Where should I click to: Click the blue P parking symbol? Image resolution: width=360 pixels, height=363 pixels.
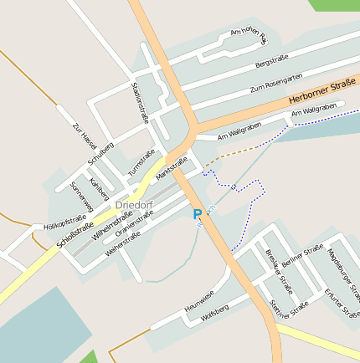point(198,214)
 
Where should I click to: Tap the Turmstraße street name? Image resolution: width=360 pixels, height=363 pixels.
point(141,162)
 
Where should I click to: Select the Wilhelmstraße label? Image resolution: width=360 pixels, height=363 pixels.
point(107,227)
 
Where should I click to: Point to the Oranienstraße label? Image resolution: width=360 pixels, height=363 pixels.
point(135,224)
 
